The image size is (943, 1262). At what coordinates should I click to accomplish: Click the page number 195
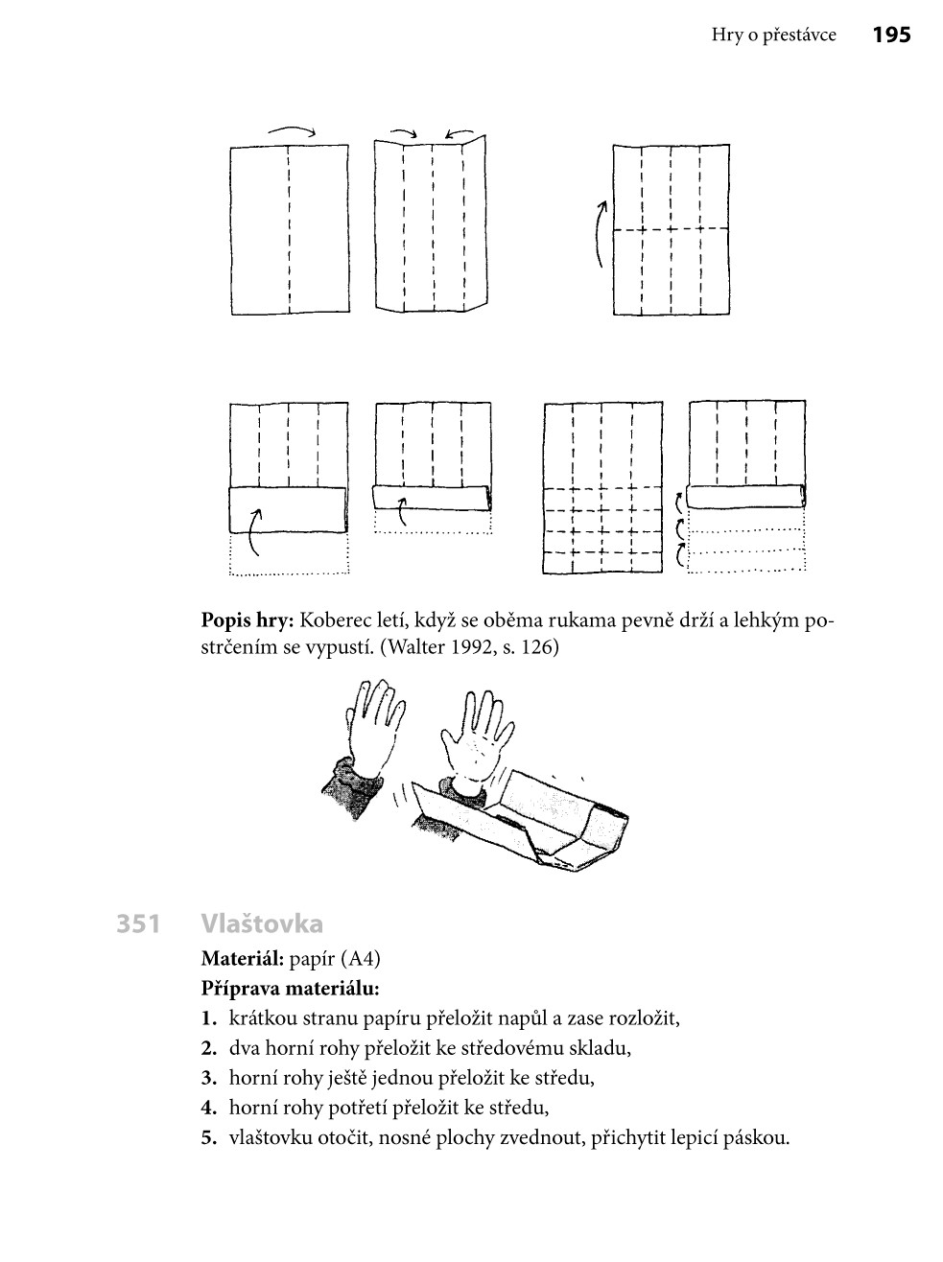[x=891, y=35]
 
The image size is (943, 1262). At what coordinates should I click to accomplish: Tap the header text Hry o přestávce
[x=773, y=35]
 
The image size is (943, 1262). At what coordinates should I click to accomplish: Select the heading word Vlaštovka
[x=262, y=924]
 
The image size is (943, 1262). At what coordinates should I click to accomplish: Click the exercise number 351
[x=137, y=924]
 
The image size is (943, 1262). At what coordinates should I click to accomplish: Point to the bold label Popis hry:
[x=246, y=620]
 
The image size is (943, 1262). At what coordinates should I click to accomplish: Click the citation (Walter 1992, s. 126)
[x=469, y=647]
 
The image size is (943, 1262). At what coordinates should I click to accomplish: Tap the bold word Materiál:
[x=242, y=958]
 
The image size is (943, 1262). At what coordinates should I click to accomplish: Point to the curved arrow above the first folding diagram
[x=292, y=131]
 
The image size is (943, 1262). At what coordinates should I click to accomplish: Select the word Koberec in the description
[x=334, y=620]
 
